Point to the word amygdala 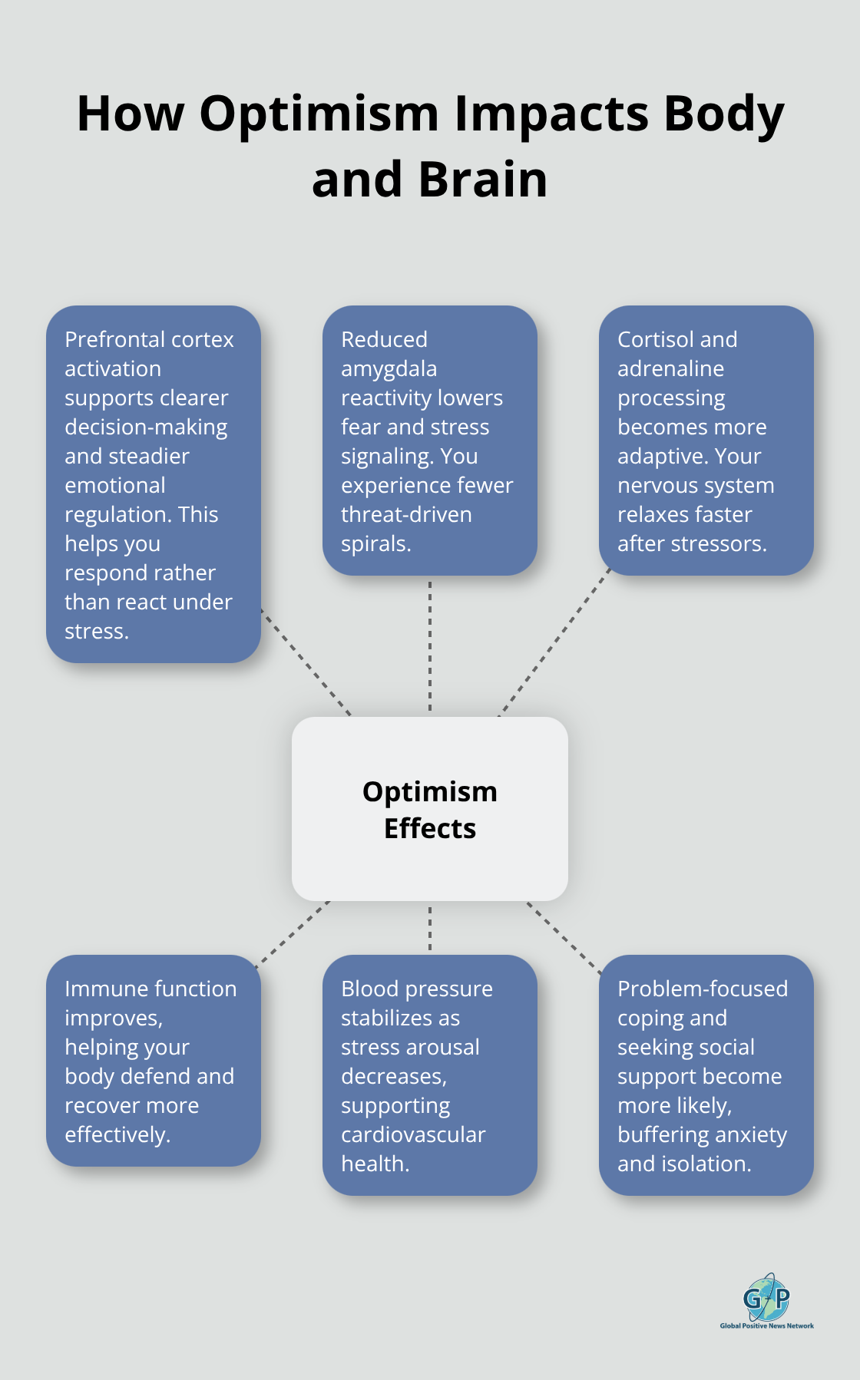389,369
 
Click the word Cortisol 655,339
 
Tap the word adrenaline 670,369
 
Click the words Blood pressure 416,989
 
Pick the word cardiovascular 413,1134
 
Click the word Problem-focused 702,989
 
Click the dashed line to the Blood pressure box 430,928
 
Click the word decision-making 146,428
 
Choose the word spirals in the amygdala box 375,544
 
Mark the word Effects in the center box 430,829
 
